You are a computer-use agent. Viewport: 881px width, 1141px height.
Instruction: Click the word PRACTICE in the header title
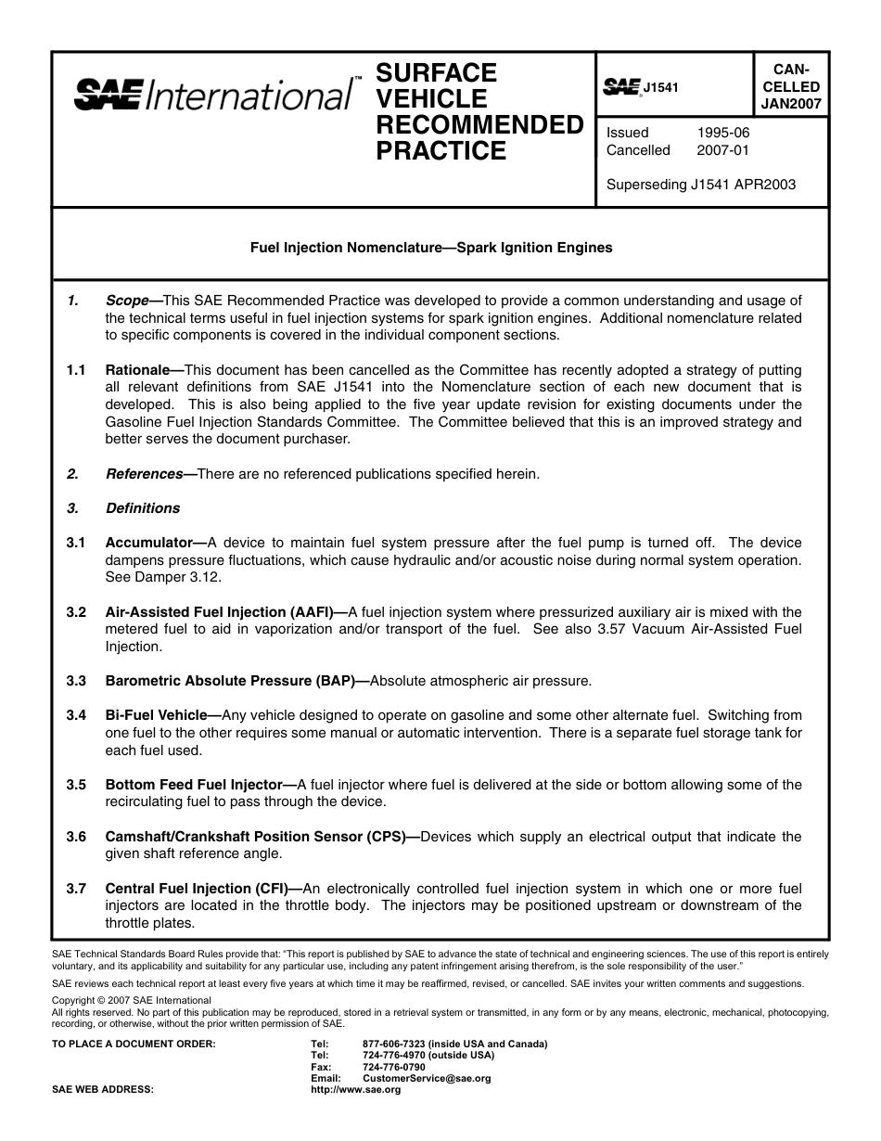coord(441,151)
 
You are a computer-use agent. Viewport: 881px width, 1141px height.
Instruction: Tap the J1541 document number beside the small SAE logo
coord(661,87)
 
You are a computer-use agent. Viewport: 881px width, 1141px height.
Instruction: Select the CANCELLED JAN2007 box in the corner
coord(791,86)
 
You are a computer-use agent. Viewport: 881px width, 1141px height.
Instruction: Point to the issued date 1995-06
coord(723,133)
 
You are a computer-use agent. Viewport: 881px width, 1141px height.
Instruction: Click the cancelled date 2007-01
coord(723,150)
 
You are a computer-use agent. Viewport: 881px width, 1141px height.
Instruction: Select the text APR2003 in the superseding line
coord(764,185)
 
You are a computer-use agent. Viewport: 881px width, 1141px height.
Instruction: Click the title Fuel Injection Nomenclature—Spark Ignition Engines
coord(431,248)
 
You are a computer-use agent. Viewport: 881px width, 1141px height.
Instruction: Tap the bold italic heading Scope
coord(127,301)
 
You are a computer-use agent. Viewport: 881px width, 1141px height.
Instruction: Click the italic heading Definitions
coord(143,508)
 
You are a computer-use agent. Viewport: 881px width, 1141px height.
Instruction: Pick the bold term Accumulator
coord(148,543)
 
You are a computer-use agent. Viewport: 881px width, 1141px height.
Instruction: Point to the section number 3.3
coord(76,681)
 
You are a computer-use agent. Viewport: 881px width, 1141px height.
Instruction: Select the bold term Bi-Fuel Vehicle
coord(156,715)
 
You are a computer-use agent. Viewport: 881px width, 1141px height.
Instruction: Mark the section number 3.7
coord(76,889)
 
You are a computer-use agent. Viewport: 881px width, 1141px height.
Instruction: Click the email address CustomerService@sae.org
coord(427,1079)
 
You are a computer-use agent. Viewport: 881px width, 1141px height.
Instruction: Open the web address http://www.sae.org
coord(355,1090)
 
